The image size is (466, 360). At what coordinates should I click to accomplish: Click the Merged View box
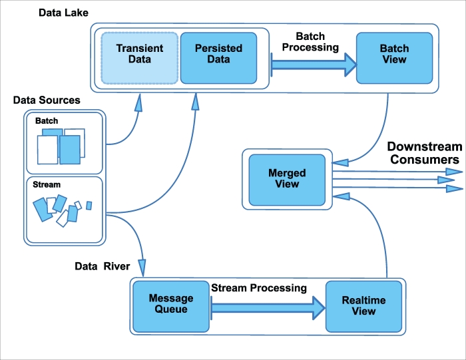tap(287, 178)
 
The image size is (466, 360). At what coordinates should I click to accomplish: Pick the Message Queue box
tap(170, 304)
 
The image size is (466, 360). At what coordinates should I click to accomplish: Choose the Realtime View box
tap(363, 305)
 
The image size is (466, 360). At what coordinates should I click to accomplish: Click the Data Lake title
tap(64, 13)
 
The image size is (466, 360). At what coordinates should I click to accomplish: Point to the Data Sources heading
tap(47, 100)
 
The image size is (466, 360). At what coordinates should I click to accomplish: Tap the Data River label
tap(102, 266)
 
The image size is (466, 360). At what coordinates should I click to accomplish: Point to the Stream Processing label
tap(259, 288)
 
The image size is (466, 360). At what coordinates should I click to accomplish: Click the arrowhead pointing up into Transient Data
tap(138, 104)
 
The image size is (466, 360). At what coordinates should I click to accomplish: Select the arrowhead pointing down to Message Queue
tap(142, 265)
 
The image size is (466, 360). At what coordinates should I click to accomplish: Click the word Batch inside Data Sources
tap(47, 121)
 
